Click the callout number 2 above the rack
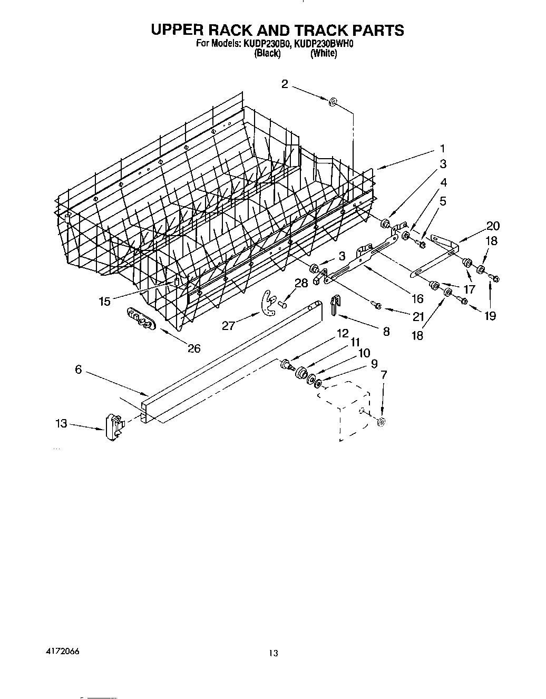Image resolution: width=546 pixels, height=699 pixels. (x=285, y=84)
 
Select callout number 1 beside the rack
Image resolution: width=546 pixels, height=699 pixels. (x=443, y=149)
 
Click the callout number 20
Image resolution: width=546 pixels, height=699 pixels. (x=493, y=226)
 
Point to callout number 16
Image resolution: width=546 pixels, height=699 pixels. (x=417, y=299)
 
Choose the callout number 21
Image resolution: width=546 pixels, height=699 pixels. (x=418, y=316)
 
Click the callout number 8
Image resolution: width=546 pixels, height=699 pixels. (x=386, y=332)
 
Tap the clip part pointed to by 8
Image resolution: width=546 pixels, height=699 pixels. (x=335, y=305)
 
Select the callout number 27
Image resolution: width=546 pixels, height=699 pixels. (x=228, y=326)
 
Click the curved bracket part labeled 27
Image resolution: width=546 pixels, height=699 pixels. (x=269, y=305)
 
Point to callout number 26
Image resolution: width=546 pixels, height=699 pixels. (x=194, y=348)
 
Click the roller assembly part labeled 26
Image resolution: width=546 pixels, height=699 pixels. (x=139, y=320)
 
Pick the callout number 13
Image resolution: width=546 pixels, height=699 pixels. (x=62, y=423)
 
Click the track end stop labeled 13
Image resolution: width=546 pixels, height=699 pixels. (x=113, y=426)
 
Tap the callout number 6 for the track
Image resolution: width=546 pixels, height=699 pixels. (x=78, y=370)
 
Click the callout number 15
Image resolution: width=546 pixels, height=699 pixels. (x=104, y=301)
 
